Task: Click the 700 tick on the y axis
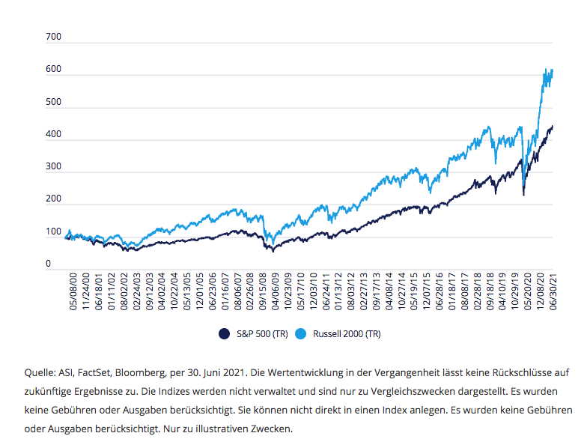click(52, 37)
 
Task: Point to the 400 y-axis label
click(52, 136)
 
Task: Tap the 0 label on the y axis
click(48, 264)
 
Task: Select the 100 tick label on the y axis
click(52, 231)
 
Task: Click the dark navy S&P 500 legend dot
click(222, 333)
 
